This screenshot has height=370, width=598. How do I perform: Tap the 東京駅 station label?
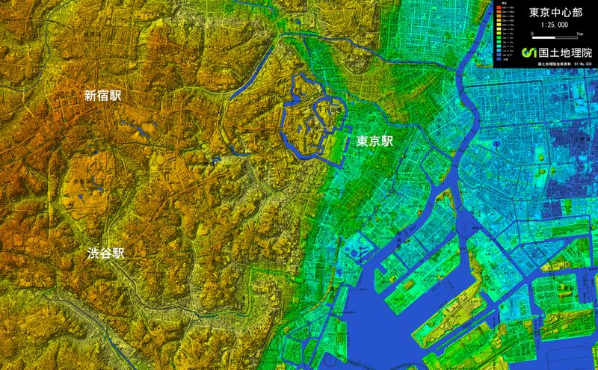click(374, 140)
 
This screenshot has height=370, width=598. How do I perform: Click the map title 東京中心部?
click(556, 13)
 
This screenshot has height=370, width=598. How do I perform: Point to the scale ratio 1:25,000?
click(556, 25)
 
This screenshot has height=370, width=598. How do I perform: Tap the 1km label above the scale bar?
click(580, 34)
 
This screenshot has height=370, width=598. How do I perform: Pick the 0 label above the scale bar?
click(531, 34)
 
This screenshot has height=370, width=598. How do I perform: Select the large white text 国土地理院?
click(564, 52)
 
